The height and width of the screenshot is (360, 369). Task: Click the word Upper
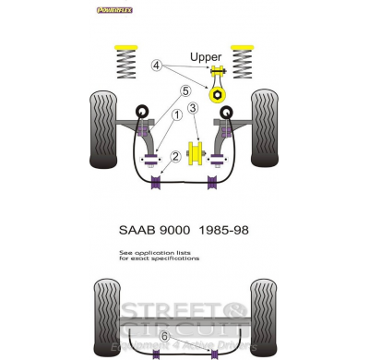[x=205, y=57]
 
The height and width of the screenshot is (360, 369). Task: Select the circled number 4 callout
[x=157, y=66]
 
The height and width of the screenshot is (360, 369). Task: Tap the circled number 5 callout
[x=184, y=90]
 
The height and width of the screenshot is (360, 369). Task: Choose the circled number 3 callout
[x=194, y=109]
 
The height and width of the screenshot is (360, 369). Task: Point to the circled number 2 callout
[x=174, y=157]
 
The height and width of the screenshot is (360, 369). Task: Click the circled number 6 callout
[x=165, y=335]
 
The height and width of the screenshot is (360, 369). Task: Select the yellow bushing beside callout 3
[x=195, y=153]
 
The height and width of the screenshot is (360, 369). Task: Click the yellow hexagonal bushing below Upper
[x=221, y=95]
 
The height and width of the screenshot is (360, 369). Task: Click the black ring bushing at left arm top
[x=143, y=113]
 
